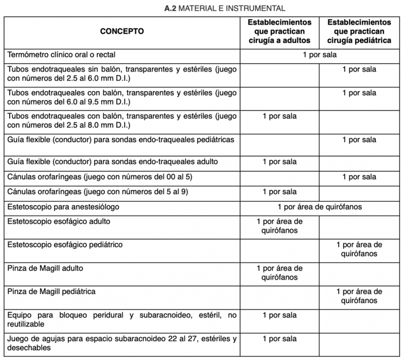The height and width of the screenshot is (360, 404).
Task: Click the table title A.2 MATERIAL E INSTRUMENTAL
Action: [x=225, y=8]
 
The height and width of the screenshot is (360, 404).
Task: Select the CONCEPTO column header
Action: [x=122, y=31]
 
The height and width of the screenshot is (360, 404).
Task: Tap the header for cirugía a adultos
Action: [x=280, y=31]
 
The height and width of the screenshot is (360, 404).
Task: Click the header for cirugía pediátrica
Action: [x=359, y=31]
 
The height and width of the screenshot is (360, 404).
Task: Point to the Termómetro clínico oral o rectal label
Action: [x=62, y=54]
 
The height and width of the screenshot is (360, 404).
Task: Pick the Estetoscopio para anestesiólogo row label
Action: [x=63, y=206]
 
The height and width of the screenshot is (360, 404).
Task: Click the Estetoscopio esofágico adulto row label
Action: [x=59, y=221]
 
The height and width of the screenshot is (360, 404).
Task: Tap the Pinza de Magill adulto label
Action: [x=45, y=268]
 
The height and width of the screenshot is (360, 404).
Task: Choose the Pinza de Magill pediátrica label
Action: [x=51, y=292]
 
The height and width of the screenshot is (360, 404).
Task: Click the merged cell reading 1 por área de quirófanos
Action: [x=319, y=206]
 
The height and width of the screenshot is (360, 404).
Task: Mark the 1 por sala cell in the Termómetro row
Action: [x=319, y=54]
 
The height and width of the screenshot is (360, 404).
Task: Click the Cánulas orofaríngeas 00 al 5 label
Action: [x=100, y=177]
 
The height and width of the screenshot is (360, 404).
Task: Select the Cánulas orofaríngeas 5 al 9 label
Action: [x=98, y=192]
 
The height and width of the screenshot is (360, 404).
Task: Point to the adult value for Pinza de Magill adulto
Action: [x=280, y=273]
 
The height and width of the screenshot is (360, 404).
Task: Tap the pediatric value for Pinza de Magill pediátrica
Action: [x=359, y=296]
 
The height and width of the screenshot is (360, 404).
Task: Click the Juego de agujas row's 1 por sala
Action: [x=280, y=339]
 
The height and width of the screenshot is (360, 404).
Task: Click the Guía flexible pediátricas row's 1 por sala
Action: [x=359, y=140]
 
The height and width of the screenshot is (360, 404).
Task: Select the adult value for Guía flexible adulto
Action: [x=280, y=162]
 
